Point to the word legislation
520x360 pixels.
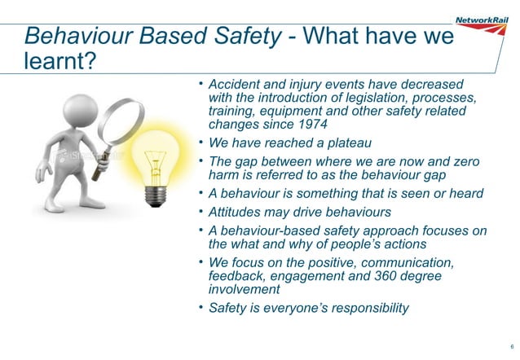(x=381, y=99)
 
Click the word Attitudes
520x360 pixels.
(x=237, y=212)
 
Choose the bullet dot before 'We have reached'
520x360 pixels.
(x=201, y=143)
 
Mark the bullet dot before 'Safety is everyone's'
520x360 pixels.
(x=201, y=307)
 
